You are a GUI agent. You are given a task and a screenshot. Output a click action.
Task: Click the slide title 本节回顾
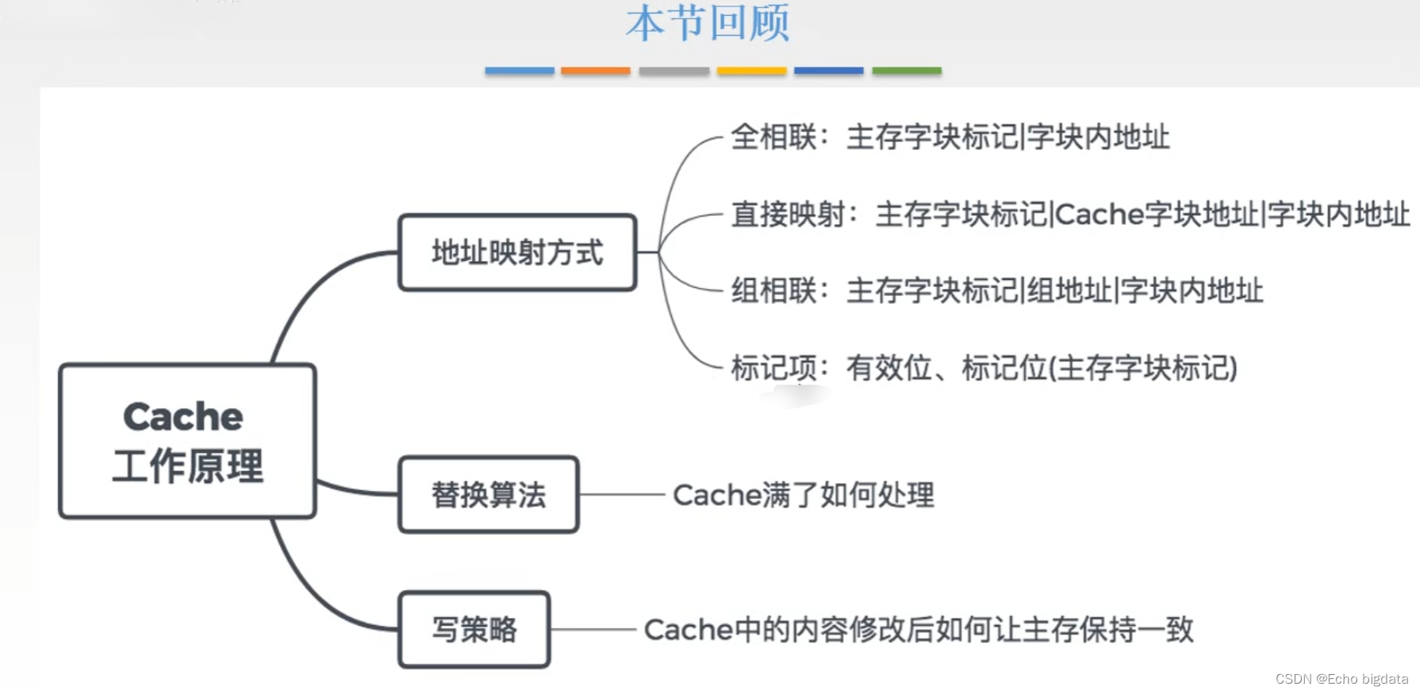click(x=707, y=23)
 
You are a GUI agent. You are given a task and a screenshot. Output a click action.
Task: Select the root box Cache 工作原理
click(x=187, y=441)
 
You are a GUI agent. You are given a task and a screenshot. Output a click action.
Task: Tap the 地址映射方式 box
click(x=517, y=252)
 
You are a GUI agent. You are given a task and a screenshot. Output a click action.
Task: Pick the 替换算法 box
click(x=489, y=494)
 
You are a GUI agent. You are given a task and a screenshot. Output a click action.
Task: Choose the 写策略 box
click(x=474, y=629)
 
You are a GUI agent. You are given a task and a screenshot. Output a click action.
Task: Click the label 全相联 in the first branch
click(x=773, y=137)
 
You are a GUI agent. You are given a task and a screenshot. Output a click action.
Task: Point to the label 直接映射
click(x=788, y=214)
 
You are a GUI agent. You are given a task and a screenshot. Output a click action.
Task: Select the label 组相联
click(x=773, y=291)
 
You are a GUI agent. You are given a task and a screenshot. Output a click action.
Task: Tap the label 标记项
click(x=773, y=368)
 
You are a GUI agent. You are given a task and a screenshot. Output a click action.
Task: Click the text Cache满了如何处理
click(x=803, y=495)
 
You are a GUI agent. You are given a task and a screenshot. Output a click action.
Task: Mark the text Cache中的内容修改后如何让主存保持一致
click(x=918, y=630)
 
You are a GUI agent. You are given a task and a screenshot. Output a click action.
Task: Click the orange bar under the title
click(x=595, y=71)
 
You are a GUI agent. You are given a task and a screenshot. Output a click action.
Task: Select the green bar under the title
click(x=906, y=71)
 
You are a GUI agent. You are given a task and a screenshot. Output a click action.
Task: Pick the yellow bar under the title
click(x=751, y=71)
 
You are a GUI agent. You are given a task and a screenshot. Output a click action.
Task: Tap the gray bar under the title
click(x=674, y=71)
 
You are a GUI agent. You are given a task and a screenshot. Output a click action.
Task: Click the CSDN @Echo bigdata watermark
click(x=1341, y=679)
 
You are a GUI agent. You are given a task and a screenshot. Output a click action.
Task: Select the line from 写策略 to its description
click(x=593, y=630)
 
